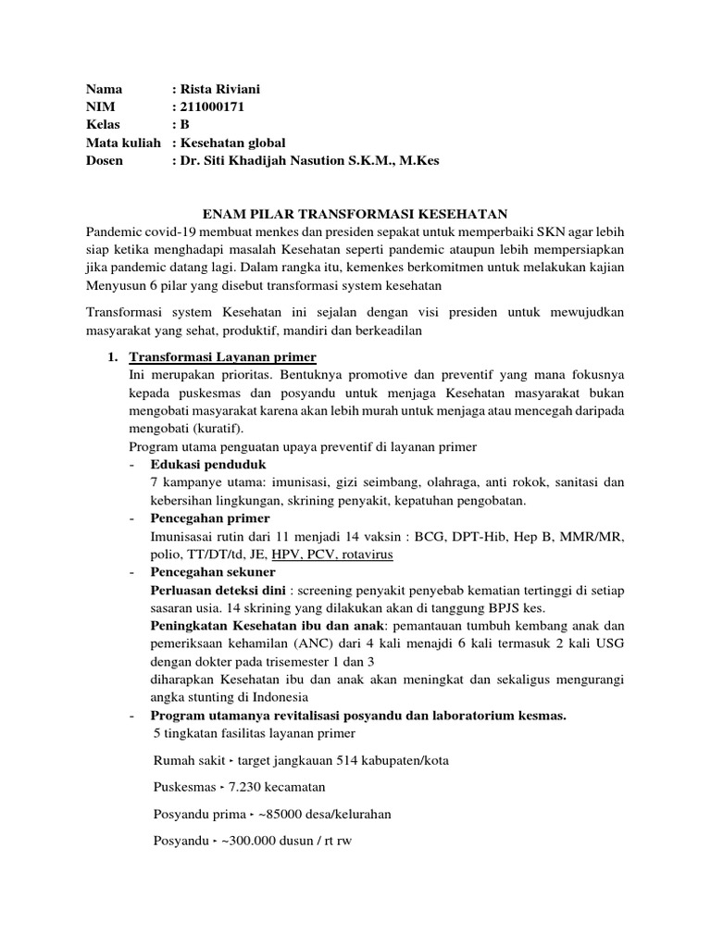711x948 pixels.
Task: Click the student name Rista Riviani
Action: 224,90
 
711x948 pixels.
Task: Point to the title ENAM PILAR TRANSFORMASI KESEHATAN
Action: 355,213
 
